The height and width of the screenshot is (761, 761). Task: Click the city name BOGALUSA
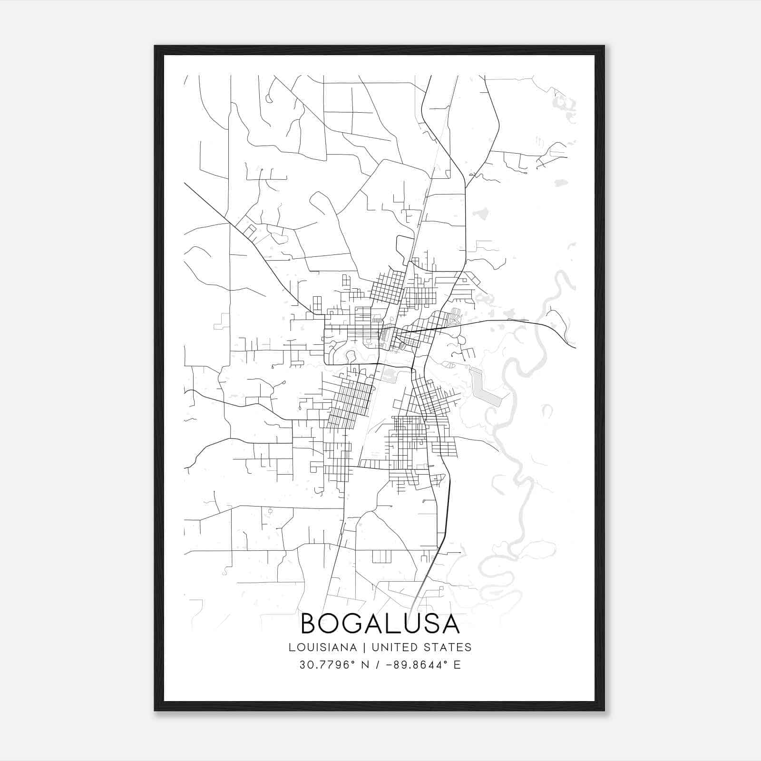click(380, 624)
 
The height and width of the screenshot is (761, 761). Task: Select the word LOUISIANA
click(322, 647)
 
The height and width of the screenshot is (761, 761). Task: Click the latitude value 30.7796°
click(328, 665)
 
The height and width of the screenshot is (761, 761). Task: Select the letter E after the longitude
click(457, 665)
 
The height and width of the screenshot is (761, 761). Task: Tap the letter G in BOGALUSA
click(355, 624)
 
